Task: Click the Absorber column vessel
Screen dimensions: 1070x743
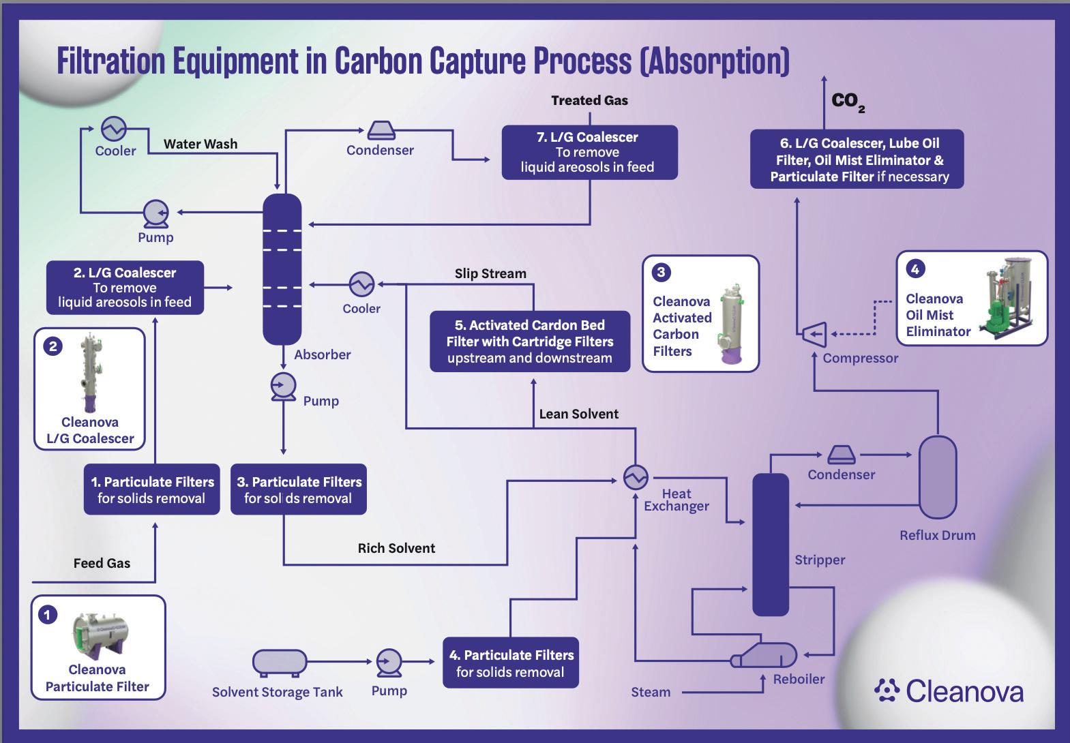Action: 282,269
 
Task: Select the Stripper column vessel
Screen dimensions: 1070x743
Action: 771,545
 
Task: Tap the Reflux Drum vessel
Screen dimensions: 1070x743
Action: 938,477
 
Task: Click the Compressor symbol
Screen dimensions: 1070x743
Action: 814,334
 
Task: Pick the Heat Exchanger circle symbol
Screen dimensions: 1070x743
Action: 636,477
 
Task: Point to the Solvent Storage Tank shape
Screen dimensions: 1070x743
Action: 280,663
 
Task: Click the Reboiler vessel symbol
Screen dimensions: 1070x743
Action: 764,654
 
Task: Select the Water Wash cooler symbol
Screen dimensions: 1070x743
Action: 114,128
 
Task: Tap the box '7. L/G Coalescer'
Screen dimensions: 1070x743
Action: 589,152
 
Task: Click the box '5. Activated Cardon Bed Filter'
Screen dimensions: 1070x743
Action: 530,342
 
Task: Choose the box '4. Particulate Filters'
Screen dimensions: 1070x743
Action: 511,663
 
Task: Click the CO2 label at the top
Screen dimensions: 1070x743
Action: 848,102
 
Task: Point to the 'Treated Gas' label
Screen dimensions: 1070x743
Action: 589,100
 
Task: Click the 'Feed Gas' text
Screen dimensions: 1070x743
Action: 102,564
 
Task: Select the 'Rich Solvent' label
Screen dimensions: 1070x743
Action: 396,548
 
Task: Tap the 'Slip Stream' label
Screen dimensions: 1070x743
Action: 490,273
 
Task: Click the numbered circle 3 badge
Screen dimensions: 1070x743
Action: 661,273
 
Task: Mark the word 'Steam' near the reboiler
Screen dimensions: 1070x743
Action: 651,693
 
